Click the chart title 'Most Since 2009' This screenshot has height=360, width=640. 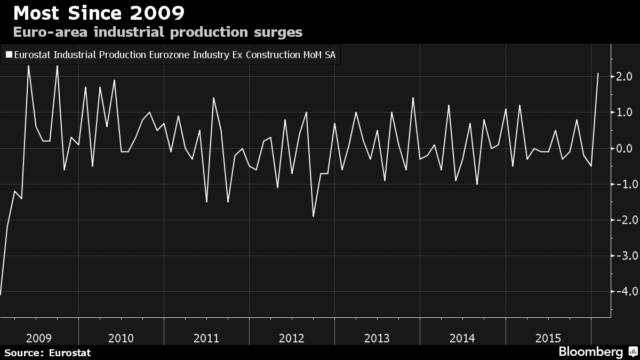[99, 12]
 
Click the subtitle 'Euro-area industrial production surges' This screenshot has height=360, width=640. [157, 32]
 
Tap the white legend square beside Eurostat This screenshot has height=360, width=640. [9, 54]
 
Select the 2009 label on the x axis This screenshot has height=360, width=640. [39, 338]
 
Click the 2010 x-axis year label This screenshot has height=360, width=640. [121, 338]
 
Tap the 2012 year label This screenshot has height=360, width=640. [292, 338]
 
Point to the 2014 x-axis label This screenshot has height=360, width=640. [462, 338]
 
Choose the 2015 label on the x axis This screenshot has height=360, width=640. [548, 338]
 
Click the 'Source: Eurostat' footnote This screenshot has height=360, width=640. [47, 353]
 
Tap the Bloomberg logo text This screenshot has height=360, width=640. [590, 352]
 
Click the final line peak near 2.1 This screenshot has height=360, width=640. [598, 74]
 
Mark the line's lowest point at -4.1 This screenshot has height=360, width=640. [1, 294]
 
